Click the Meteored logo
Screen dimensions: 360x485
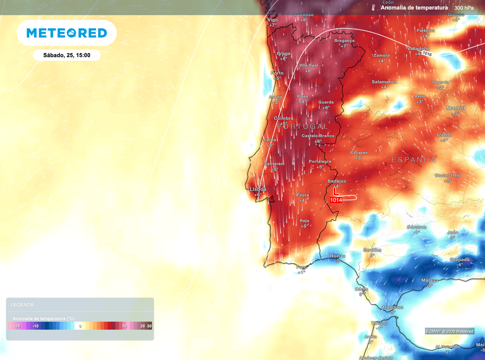66,33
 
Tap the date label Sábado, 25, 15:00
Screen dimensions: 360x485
66,55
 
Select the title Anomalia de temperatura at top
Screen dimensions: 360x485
414,8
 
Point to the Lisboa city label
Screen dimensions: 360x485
258,189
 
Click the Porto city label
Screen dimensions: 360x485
277,73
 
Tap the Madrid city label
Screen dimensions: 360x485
456,108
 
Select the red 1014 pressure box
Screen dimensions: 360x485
336,200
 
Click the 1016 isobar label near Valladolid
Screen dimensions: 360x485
427,54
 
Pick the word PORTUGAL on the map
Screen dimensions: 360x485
302,126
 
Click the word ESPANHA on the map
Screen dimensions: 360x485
413,160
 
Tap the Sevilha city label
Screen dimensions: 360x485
372,250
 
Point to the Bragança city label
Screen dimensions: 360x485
344,41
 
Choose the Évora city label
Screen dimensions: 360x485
303,195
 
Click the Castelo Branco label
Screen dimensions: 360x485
318,136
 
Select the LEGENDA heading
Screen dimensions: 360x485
22,305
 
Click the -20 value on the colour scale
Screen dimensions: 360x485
17,326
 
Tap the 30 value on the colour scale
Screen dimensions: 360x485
149,326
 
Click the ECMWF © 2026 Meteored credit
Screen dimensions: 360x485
449,331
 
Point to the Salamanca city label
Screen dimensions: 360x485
384,81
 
